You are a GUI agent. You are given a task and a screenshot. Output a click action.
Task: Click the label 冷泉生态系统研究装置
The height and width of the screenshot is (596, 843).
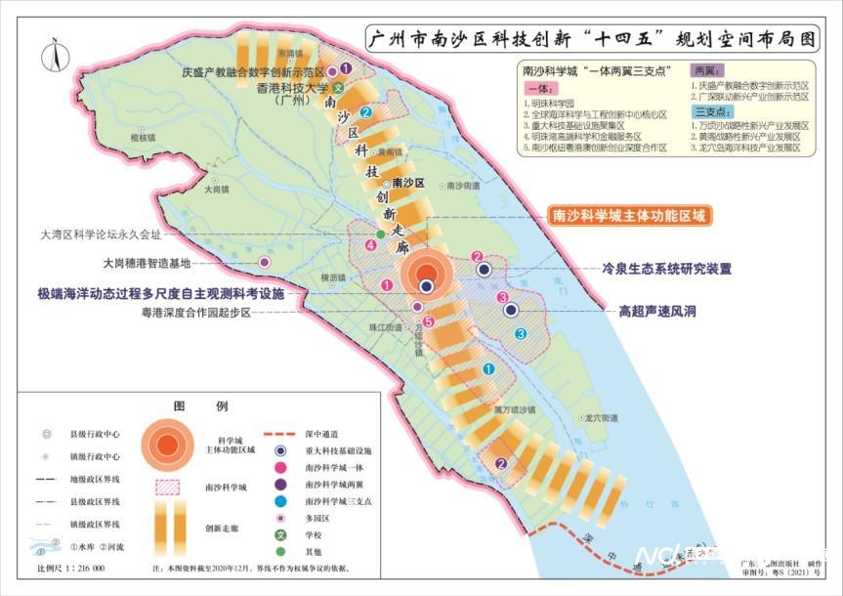(x=666, y=268)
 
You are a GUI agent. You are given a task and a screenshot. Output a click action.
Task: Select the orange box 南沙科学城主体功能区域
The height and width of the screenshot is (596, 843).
(x=628, y=216)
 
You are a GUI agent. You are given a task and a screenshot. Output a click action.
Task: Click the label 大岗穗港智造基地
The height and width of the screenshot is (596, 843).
(x=146, y=263)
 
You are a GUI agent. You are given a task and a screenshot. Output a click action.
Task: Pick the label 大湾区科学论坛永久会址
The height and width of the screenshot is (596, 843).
(x=102, y=234)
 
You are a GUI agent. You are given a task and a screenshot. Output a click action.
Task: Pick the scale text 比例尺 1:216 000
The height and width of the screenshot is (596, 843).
(x=71, y=568)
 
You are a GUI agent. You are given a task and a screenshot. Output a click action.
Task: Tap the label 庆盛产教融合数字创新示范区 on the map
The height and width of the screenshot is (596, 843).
(x=253, y=71)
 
